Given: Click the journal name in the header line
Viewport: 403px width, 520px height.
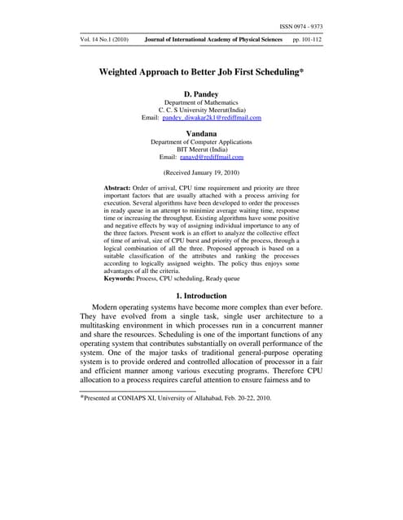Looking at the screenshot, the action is (x=214, y=40).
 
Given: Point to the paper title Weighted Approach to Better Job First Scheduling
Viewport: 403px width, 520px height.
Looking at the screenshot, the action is (x=201, y=71).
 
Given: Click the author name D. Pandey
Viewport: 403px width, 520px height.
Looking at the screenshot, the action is (x=201, y=93).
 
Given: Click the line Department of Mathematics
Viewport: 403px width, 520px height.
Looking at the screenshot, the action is (x=201, y=102).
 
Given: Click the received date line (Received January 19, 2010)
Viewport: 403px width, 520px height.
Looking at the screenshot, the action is (x=201, y=173).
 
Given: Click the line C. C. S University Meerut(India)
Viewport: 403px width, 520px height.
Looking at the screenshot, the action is (x=201, y=110).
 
